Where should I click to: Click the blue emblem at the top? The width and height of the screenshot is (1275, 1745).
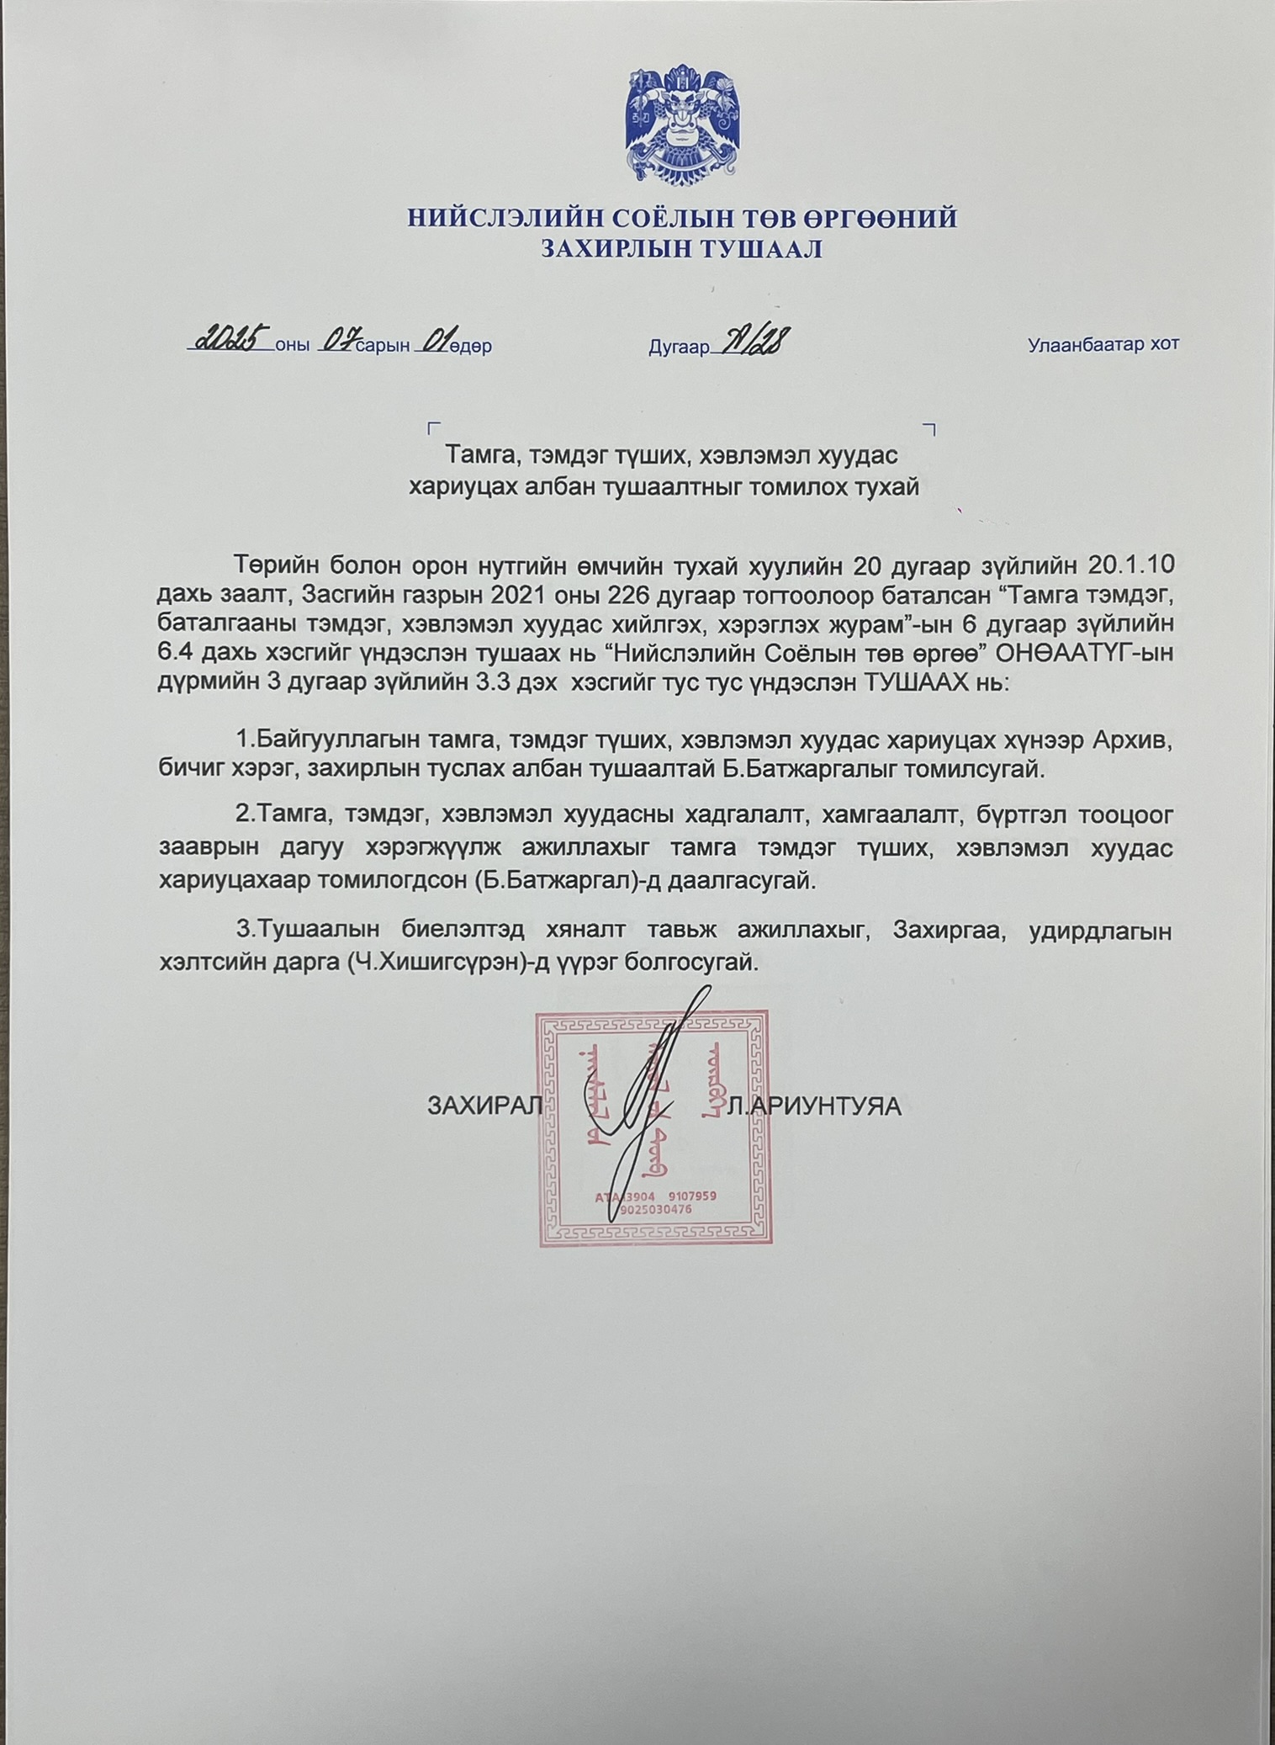[x=682, y=127]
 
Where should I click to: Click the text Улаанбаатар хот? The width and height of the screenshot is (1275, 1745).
[x=1103, y=344]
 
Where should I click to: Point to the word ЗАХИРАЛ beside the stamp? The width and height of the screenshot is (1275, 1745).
[x=485, y=1105]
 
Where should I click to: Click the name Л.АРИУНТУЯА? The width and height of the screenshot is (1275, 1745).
[x=814, y=1106]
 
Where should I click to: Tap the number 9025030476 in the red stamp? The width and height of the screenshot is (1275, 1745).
[x=656, y=1209]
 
